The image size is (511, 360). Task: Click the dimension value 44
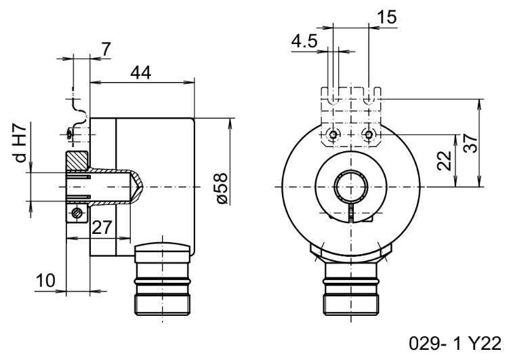click(141, 73)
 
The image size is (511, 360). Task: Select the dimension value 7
click(106, 49)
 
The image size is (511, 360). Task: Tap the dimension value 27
click(102, 227)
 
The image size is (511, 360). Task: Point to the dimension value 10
click(45, 280)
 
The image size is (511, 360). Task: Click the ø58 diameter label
click(222, 188)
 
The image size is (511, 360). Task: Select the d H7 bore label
click(20, 144)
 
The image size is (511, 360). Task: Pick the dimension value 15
click(387, 17)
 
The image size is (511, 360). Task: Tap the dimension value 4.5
click(304, 41)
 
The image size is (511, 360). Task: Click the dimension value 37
click(470, 143)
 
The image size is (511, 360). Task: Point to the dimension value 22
click(444, 161)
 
